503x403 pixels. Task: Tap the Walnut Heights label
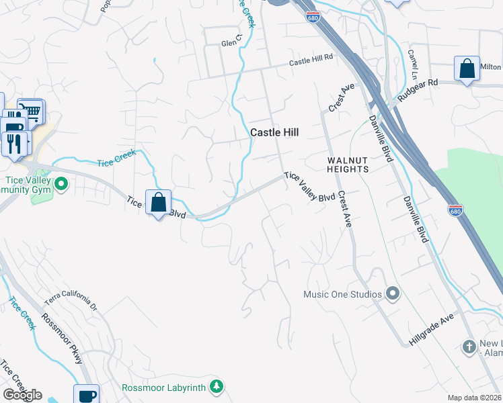tap(348, 165)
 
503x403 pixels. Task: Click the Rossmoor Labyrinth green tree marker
tap(216, 386)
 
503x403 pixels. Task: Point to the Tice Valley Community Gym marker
tap(61, 183)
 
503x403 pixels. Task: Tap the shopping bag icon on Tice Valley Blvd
tap(158, 202)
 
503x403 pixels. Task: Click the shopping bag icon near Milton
tap(467, 69)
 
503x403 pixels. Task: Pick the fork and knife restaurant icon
tap(13, 142)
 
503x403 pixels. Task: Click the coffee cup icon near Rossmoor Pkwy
tap(86, 396)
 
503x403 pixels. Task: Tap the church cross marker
tap(469, 347)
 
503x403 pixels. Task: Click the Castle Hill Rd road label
tap(311, 60)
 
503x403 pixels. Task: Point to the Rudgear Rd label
tap(417, 90)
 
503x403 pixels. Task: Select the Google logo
tap(22, 395)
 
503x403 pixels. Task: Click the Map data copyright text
tap(475, 398)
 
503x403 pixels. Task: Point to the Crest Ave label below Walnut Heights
tap(346, 209)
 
